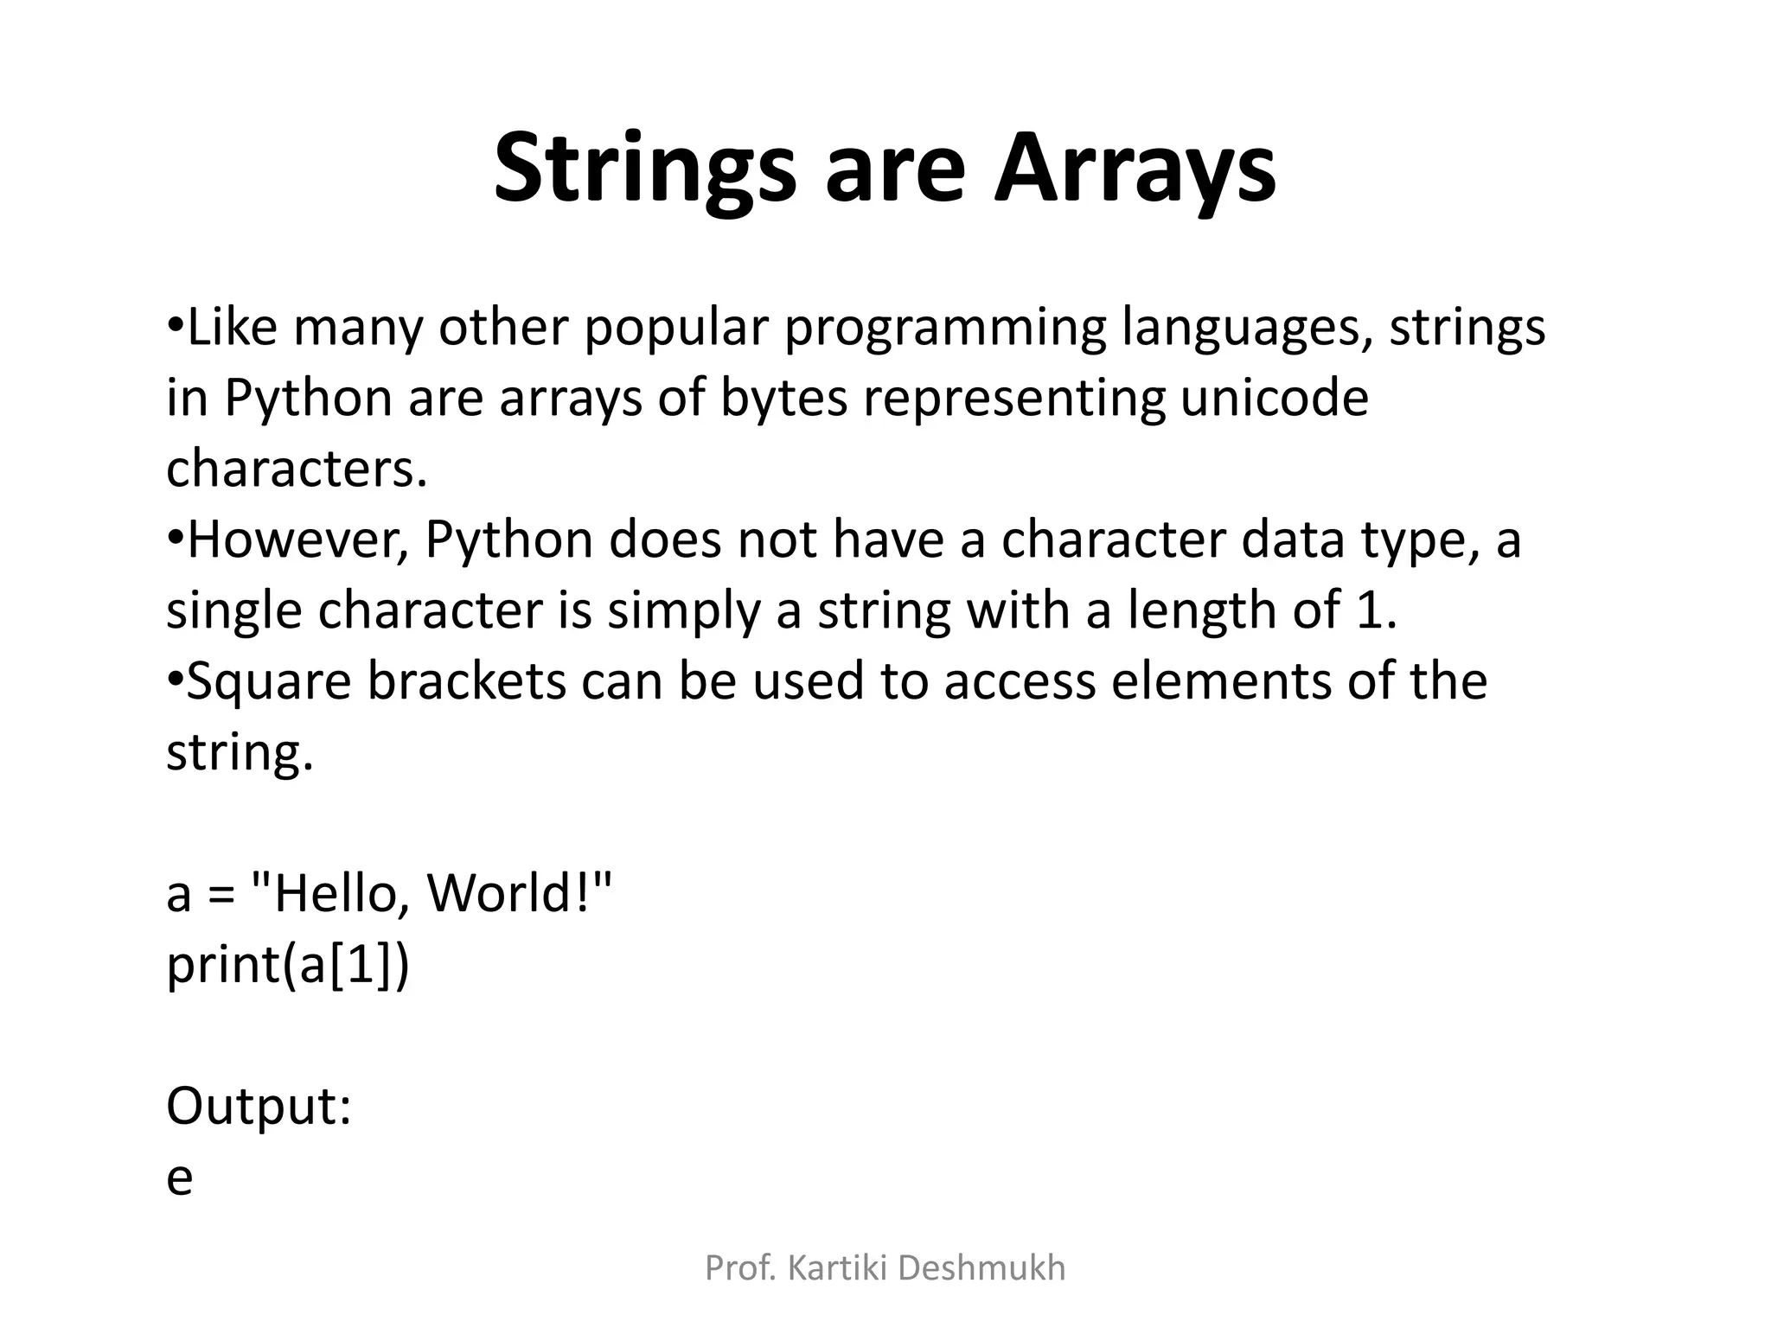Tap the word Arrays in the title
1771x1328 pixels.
click(x=1135, y=169)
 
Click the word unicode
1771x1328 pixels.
click(x=1275, y=399)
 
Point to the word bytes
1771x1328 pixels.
click(x=783, y=399)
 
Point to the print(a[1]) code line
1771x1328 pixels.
click(x=287, y=964)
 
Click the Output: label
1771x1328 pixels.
click(x=259, y=1106)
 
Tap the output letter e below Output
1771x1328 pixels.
click(x=179, y=1178)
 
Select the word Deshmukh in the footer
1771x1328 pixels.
click(x=982, y=1268)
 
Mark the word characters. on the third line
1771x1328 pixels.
click(x=297, y=469)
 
